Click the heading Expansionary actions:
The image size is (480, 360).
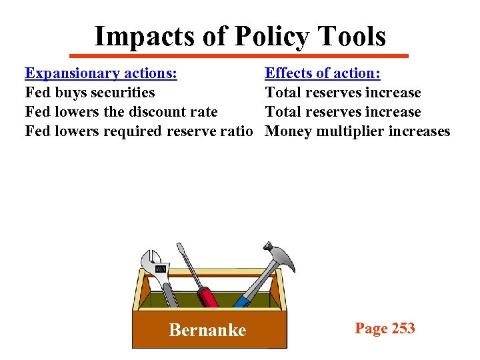pyautogui.click(x=101, y=73)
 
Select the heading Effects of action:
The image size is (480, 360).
pyautogui.click(x=323, y=73)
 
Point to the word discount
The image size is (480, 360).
pyautogui.click(x=147, y=111)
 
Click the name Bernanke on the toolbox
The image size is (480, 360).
pyautogui.click(x=207, y=329)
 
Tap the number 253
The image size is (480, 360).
pyautogui.click(x=403, y=328)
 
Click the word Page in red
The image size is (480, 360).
pyautogui.click(x=371, y=328)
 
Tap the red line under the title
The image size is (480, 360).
pyautogui.click(x=239, y=55)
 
